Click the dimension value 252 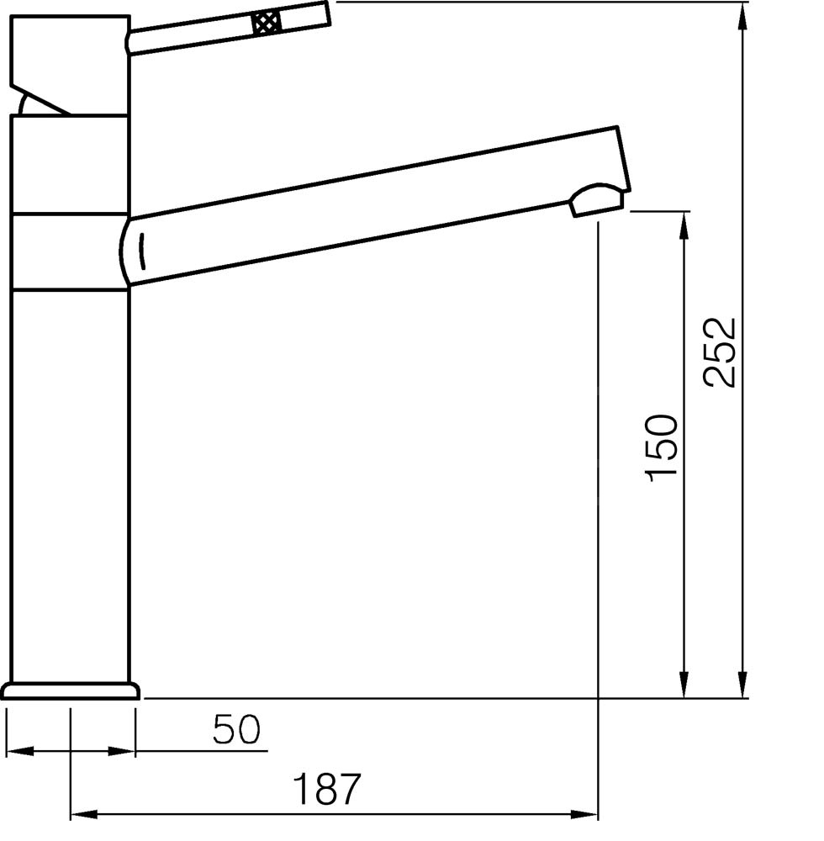tap(720, 352)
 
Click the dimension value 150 tap(661, 448)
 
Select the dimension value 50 tap(236, 729)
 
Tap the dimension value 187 tap(326, 789)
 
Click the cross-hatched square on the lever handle tap(267, 23)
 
